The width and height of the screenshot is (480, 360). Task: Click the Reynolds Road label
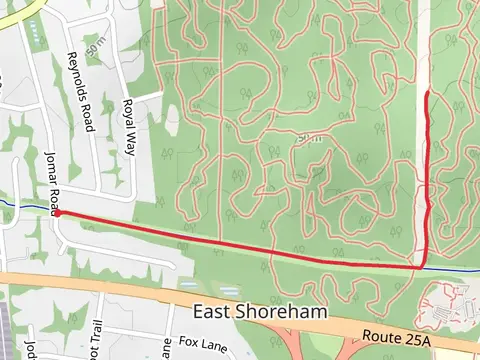(x=80, y=92)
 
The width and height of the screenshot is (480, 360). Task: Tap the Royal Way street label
(x=129, y=127)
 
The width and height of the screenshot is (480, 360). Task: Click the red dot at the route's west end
(x=56, y=213)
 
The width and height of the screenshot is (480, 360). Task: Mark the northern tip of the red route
(x=428, y=92)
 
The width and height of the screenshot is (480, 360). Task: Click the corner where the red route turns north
(x=424, y=266)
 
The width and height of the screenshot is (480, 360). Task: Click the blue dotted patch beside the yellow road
(x=38, y=35)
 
